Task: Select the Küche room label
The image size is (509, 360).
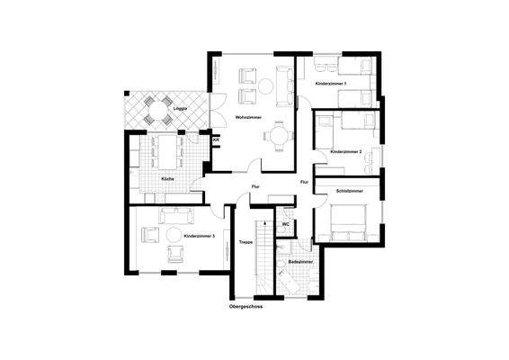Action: (167, 179)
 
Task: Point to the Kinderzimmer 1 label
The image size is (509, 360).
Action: (333, 84)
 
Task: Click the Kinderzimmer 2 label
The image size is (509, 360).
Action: (345, 152)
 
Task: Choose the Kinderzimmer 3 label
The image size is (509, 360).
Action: (199, 236)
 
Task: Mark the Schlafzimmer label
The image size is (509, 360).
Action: (349, 192)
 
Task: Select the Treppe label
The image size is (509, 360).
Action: (245, 242)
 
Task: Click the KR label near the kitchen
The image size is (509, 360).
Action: (216, 140)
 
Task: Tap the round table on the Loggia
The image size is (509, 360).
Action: (156, 112)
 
